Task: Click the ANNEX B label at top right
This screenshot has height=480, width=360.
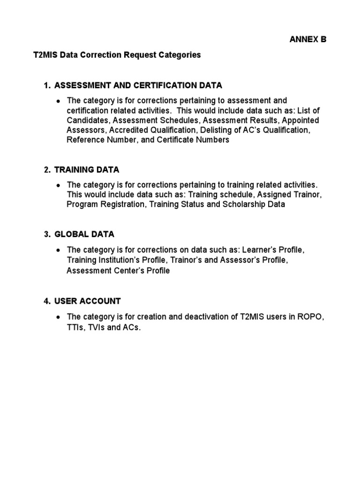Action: (307, 40)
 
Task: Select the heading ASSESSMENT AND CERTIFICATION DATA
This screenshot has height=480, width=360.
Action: (138, 85)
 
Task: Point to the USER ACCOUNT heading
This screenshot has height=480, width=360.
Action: (88, 301)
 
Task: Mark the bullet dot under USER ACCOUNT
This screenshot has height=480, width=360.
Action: (58, 317)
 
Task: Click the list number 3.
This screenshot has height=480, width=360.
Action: (46, 234)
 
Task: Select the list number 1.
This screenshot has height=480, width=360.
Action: (46, 85)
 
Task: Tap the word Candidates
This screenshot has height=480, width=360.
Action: (86, 120)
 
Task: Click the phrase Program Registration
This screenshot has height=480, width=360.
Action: (106, 204)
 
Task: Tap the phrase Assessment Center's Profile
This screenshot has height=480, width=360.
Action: (118, 270)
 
